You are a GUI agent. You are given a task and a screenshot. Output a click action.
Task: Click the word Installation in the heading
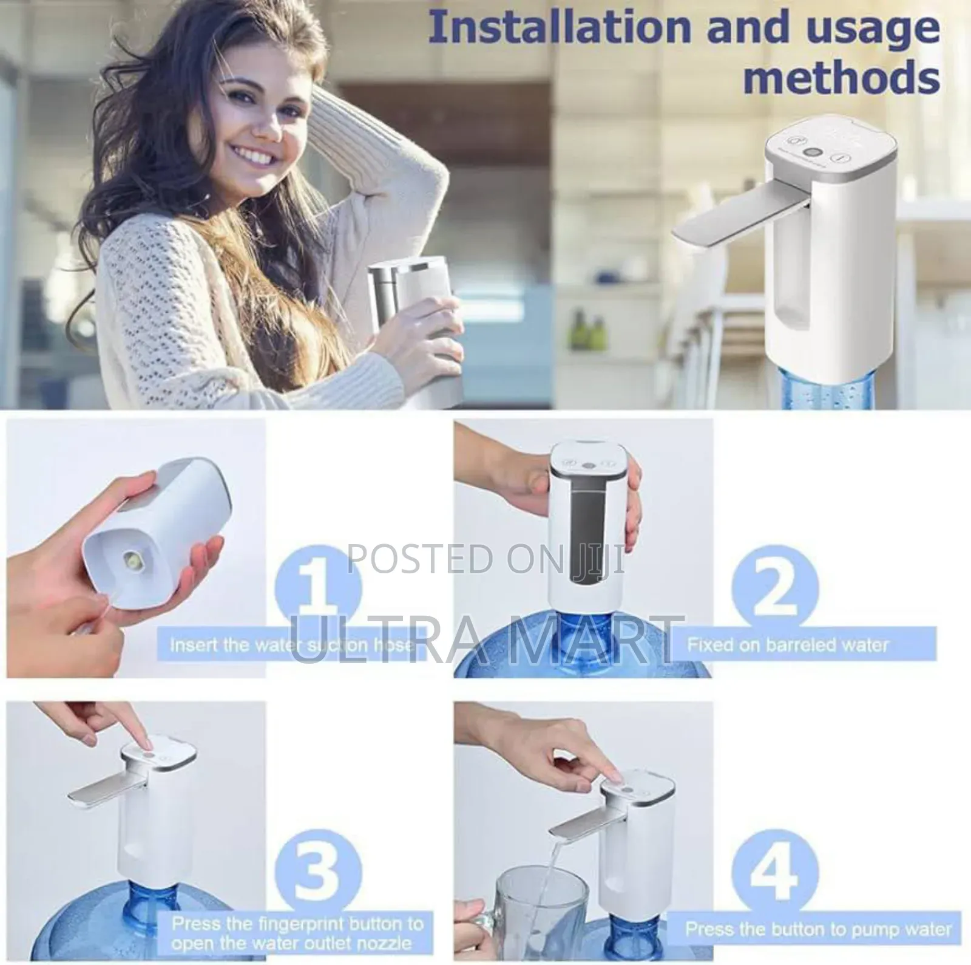point(561,28)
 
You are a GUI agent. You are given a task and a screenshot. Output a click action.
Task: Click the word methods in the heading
point(841,78)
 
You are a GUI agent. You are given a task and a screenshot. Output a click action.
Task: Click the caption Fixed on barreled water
point(788,644)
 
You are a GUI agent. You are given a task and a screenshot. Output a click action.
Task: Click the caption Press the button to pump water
point(818,929)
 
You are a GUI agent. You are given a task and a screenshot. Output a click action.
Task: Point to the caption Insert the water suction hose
point(291,645)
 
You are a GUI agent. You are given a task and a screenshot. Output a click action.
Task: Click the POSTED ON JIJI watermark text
point(486,559)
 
